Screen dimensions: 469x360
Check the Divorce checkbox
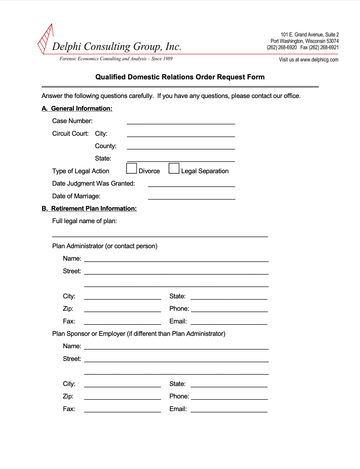click(132, 168)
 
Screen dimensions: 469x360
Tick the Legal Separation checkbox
click(174, 168)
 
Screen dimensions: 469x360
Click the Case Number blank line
click(181, 122)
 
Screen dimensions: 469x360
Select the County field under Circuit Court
click(181, 147)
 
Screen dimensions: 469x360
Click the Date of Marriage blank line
click(192, 196)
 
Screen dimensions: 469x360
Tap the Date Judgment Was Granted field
click(192, 184)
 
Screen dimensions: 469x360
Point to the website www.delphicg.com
click(319, 60)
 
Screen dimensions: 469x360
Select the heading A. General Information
click(77, 109)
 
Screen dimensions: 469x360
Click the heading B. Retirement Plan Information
click(89, 209)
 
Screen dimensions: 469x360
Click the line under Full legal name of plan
click(160, 234)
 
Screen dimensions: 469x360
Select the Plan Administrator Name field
click(176, 259)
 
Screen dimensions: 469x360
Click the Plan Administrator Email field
click(229, 322)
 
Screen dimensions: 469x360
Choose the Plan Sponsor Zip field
click(122, 397)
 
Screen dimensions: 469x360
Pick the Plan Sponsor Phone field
click(229, 397)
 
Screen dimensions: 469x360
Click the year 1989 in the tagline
click(168, 59)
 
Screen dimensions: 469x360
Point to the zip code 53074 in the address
click(332, 41)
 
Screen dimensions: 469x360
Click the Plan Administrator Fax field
click(122, 322)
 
